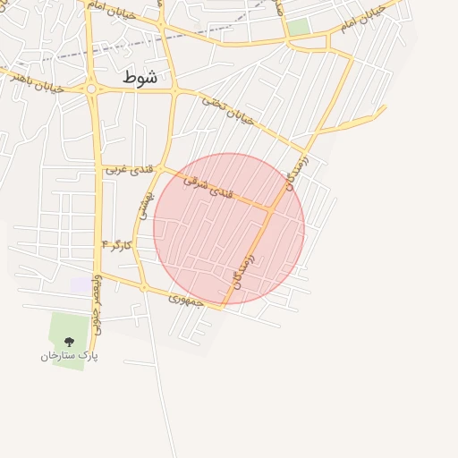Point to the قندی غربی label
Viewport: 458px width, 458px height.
[130, 168]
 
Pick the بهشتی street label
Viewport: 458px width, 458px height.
[142, 207]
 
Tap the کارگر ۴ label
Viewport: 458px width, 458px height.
[117, 244]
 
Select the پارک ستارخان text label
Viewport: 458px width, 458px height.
[69, 356]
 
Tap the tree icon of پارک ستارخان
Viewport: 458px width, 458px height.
[69, 342]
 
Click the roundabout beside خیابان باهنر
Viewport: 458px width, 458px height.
[91, 89]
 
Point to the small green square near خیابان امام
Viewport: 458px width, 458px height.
[299, 27]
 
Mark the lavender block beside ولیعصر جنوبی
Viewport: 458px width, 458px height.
[81, 284]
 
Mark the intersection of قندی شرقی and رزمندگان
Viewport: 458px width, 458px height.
[272, 209]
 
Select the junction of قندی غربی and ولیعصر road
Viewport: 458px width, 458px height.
[97, 165]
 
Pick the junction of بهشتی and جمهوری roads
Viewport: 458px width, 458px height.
[143, 286]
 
